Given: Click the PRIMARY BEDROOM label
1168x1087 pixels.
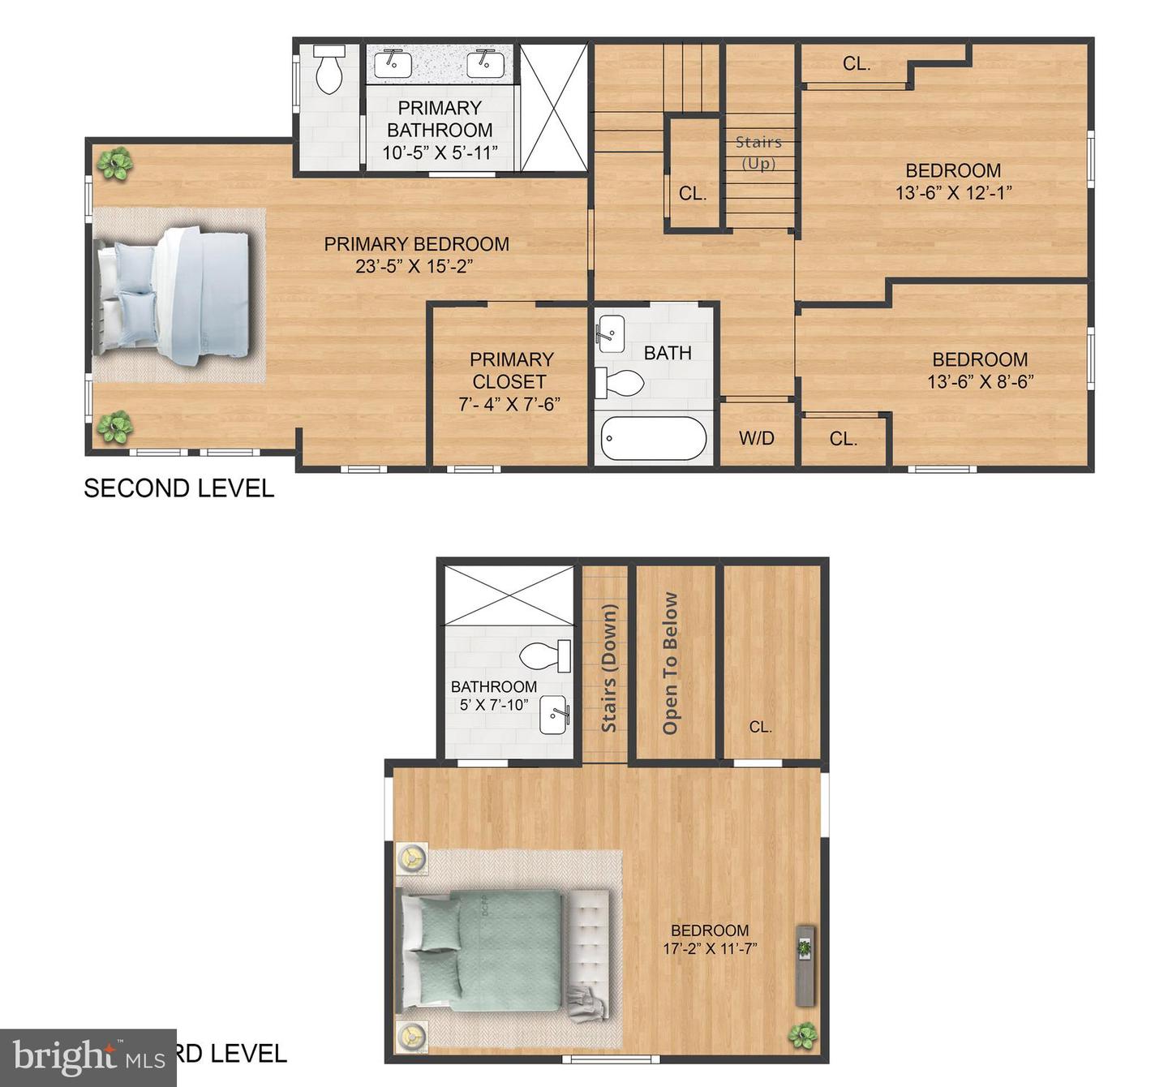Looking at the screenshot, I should click(x=416, y=244).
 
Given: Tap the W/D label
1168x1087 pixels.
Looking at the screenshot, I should click(x=756, y=439).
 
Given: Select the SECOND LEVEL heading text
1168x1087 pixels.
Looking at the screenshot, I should click(x=179, y=488).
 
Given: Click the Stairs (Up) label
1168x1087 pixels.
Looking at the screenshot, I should click(x=758, y=153).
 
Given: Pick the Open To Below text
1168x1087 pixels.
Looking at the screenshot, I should click(x=670, y=664).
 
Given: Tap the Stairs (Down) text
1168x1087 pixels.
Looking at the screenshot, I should click(x=609, y=668).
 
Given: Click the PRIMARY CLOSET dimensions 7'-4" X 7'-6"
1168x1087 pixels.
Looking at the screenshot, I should click(x=509, y=404).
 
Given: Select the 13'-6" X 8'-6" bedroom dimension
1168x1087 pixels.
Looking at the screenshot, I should click(x=980, y=381).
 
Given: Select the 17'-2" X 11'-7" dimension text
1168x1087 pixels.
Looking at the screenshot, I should click(x=710, y=948).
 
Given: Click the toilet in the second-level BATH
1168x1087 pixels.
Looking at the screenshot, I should click(x=621, y=383).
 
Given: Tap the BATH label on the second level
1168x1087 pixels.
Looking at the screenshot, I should click(x=668, y=353).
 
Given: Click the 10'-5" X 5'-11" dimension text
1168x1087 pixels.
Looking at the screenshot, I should click(x=440, y=153).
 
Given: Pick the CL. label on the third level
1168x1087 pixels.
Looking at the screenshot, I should click(x=760, y=727).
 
